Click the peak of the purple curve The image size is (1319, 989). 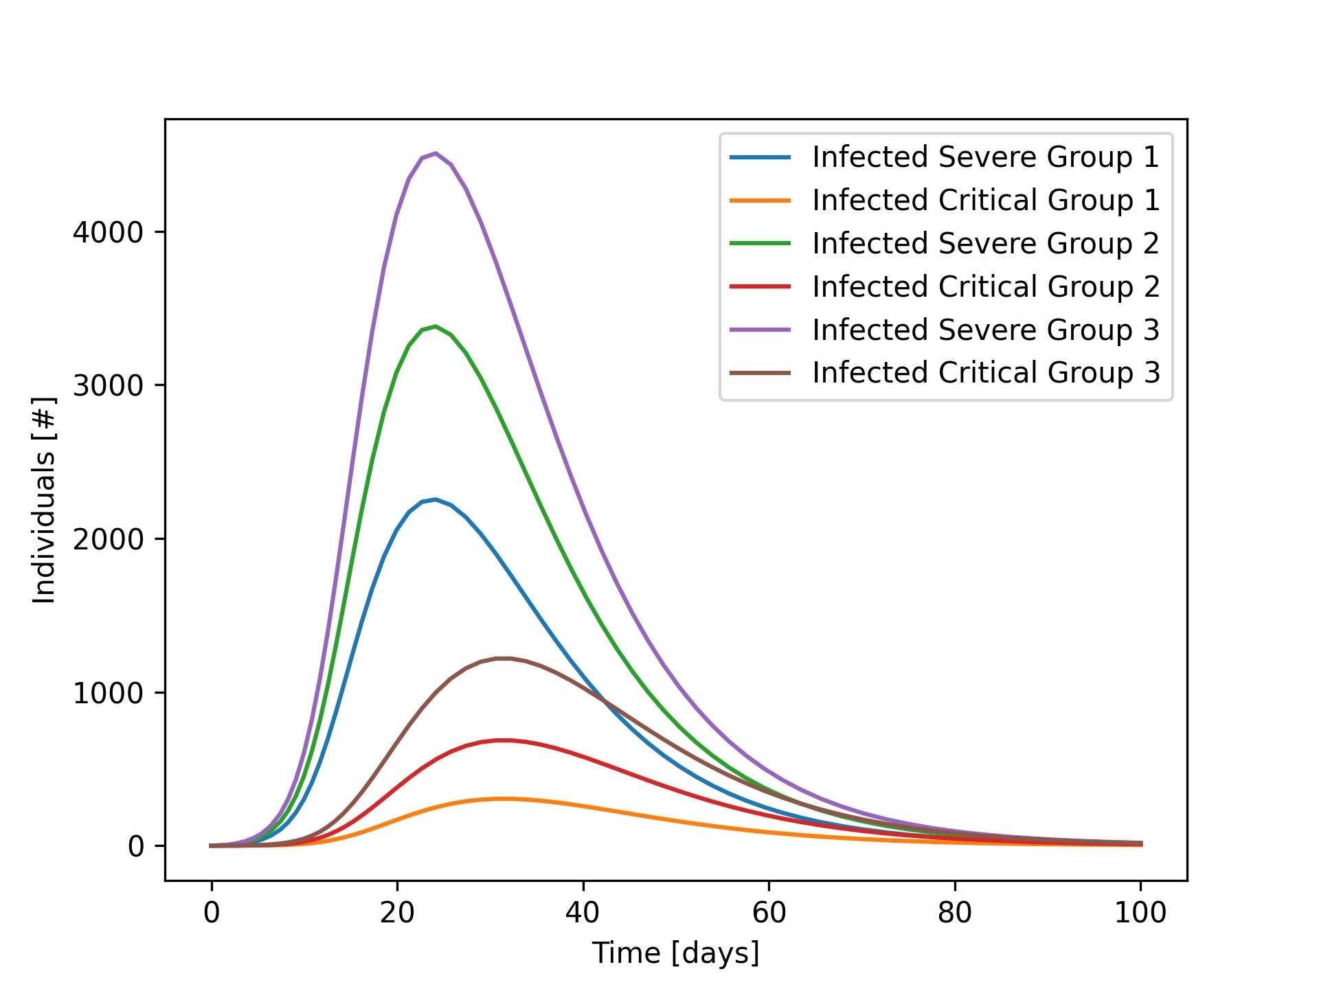point(436,153)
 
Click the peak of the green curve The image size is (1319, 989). point(436,326)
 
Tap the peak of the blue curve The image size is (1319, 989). point(436,499)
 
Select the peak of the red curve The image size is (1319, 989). point(505,740)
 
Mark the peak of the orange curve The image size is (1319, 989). point(505,799)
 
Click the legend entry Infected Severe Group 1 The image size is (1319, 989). point(985,157)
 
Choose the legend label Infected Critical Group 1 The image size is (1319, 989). point(985,201)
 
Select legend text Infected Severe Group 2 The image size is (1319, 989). point(985,244)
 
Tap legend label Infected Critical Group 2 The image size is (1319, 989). point(985,287)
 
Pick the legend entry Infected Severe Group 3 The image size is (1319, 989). point(985,330)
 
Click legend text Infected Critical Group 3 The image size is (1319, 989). point(985,373)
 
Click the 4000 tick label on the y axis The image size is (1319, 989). point(108,232)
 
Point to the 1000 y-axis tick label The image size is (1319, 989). point(108,693)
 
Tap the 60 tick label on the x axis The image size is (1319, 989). point(769,913)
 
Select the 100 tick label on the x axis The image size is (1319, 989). point(1140,913)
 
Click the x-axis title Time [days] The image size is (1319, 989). point(676,953)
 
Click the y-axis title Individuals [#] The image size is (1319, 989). point(45,500)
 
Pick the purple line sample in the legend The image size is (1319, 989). point(760,330)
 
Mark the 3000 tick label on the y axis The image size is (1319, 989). point(108,385)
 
